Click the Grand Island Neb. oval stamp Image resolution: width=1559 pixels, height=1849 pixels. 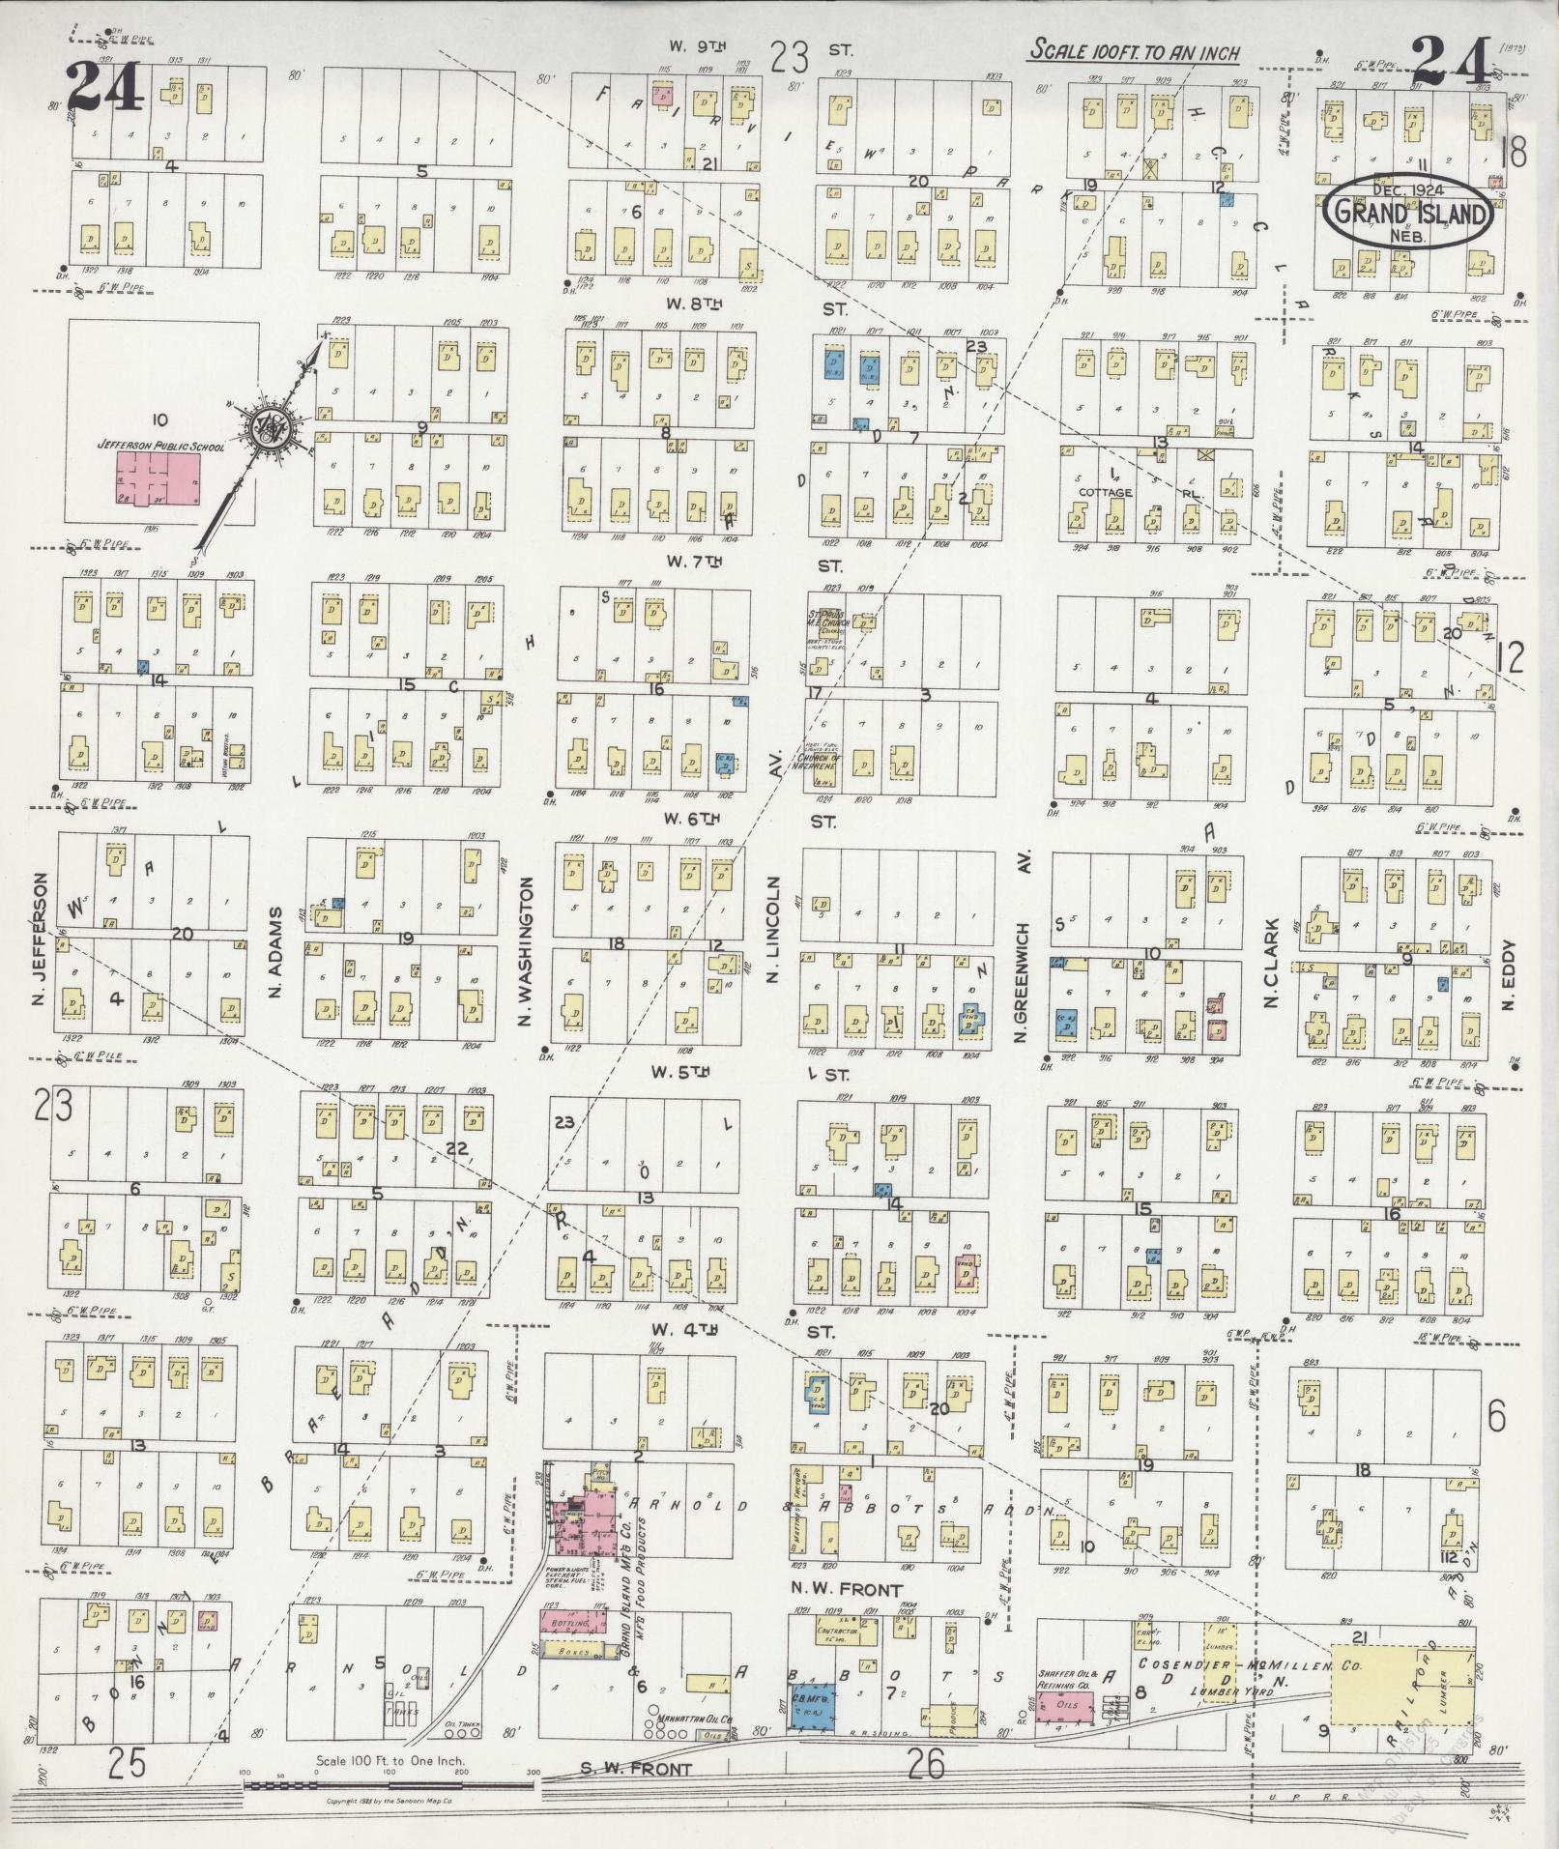[x=1407, y=210]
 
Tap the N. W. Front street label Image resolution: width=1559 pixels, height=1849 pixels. [x=846, y=1589]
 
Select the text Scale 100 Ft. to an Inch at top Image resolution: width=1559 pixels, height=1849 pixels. [x=1134, y=52]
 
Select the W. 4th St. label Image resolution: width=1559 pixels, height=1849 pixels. [x=688, y=1330]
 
